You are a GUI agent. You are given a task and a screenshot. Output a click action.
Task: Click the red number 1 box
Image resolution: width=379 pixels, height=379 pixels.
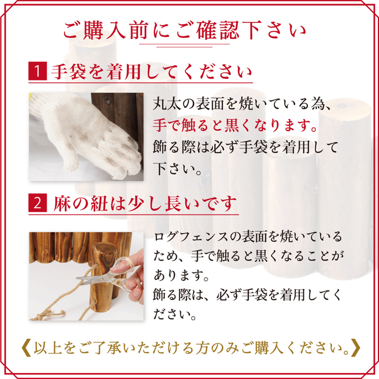pos(37,71)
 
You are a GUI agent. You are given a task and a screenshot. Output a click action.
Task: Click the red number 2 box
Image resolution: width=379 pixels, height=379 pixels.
pos(37,203)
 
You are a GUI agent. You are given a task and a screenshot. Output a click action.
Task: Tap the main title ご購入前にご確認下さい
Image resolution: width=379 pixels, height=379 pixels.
pos(184,31)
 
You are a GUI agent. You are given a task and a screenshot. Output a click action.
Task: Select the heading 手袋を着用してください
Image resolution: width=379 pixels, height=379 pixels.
pos(152,72)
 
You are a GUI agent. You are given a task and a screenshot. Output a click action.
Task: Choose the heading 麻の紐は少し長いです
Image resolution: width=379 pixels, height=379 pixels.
pos(145,203)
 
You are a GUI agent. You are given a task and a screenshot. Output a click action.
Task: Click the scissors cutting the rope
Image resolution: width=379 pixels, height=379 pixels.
pos(109,273)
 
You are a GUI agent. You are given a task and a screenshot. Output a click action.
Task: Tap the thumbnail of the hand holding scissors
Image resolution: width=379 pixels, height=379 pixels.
pos(86,276)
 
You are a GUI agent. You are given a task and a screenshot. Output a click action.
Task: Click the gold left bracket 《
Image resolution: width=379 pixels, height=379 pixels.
pos(26,348)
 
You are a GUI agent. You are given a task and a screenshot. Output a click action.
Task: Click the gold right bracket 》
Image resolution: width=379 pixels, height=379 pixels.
pos(356,348)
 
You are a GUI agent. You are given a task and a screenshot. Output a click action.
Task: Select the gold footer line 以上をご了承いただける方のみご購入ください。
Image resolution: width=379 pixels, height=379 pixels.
pos(191,348)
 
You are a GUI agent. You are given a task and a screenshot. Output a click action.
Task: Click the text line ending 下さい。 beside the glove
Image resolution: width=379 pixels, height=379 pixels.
pos(177,169)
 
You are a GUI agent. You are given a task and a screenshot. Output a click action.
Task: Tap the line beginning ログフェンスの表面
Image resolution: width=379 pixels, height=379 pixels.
pos(248,237)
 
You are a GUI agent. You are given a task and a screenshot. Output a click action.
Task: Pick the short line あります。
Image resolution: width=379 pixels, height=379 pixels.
pos(181,275)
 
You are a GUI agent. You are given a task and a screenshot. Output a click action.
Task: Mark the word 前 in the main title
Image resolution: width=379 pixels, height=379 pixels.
pos(139,31)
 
